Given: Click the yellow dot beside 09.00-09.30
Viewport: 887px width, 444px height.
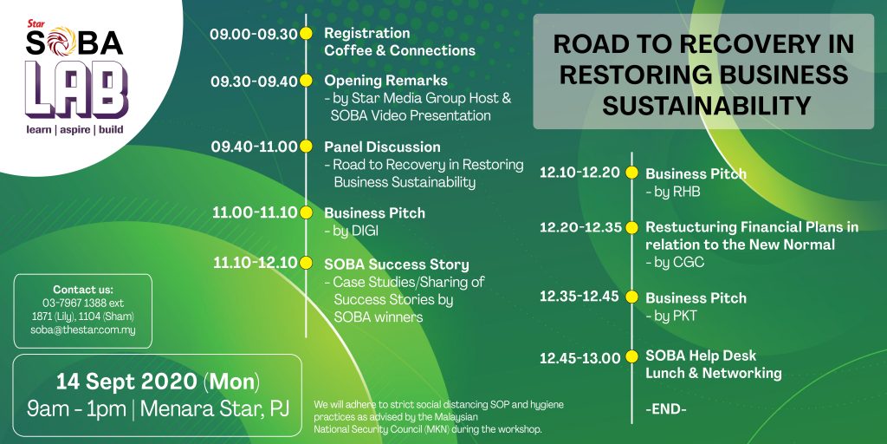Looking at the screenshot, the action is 306,34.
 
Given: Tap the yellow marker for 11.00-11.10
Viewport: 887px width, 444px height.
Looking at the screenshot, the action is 306,213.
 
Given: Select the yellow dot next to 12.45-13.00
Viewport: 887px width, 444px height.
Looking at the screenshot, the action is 631,357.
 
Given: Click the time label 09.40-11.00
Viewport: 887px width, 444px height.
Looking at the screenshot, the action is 254,147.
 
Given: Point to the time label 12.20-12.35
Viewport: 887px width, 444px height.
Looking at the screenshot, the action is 580,228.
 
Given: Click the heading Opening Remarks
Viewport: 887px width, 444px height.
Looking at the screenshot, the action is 385,81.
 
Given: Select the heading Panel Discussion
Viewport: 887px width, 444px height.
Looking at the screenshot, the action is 382,147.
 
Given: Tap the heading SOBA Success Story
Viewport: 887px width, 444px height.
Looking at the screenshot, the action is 397,264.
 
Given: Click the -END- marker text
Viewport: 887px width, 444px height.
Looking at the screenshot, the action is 666,409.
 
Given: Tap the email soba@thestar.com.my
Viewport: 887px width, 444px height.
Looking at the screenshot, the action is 83,330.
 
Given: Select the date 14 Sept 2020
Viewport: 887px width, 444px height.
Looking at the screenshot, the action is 126,382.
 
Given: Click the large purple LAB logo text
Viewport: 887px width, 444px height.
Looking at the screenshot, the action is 76,90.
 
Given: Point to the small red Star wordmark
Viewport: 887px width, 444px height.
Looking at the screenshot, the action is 36,24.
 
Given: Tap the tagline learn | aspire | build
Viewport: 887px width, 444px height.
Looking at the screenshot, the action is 74,130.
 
